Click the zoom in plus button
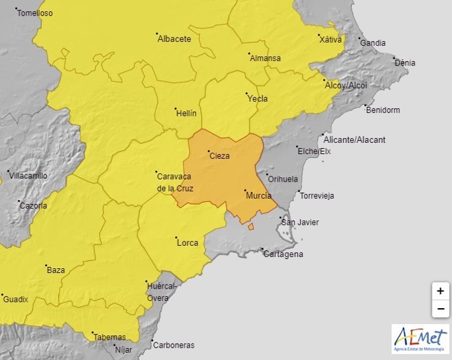click(x=440, y=290)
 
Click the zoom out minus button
click(x=440, y=308)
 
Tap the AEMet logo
click(x=420, y=338)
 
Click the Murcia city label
click(x=258, y=195)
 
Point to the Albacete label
click(x=174, y=39)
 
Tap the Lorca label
click(x=187, y=243)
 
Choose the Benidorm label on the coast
click(x=383, y=110)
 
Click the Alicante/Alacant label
click(x=354, y=140)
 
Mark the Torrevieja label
click(x=316, y=195)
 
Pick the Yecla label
click(x=257, y=98)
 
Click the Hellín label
click(x=187, y=113)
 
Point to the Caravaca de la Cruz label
click(x=175, y=182)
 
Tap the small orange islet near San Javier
click(x=251, y=227)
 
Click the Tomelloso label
click(x=35, y=13)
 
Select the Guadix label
click(x=16, y=299)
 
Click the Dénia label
click(x=404, y=63)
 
